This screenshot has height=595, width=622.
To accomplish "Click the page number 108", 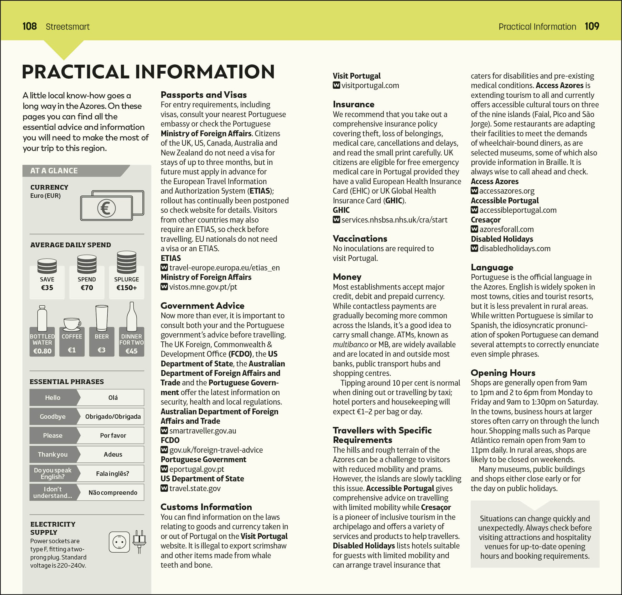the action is click(x=29, y=26).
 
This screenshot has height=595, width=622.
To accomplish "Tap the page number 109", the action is click(x=592, y=26).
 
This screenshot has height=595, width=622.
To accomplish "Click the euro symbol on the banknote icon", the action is click(x=106, y=208).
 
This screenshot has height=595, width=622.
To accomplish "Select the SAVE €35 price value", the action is click(x=47, y=288).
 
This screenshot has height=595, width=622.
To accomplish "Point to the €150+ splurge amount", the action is click(x=126, y=288).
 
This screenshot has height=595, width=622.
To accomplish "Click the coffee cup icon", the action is click(x=72, y=324).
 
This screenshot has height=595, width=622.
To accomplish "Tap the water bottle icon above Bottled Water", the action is click(x=42, y=319).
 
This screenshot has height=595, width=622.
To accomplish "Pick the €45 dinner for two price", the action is click(x=131, y=351).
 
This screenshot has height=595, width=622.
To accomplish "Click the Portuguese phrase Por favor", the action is click(x=113, y=436).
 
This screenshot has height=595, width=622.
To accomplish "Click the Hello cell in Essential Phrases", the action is click(x=53, y=397).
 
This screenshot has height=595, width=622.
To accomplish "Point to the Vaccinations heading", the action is click(x=360, y=239).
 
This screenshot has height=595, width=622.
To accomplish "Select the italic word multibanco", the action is click(x=350, y=344).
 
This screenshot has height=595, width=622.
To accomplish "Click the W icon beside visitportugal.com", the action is click(x=336, y=85).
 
